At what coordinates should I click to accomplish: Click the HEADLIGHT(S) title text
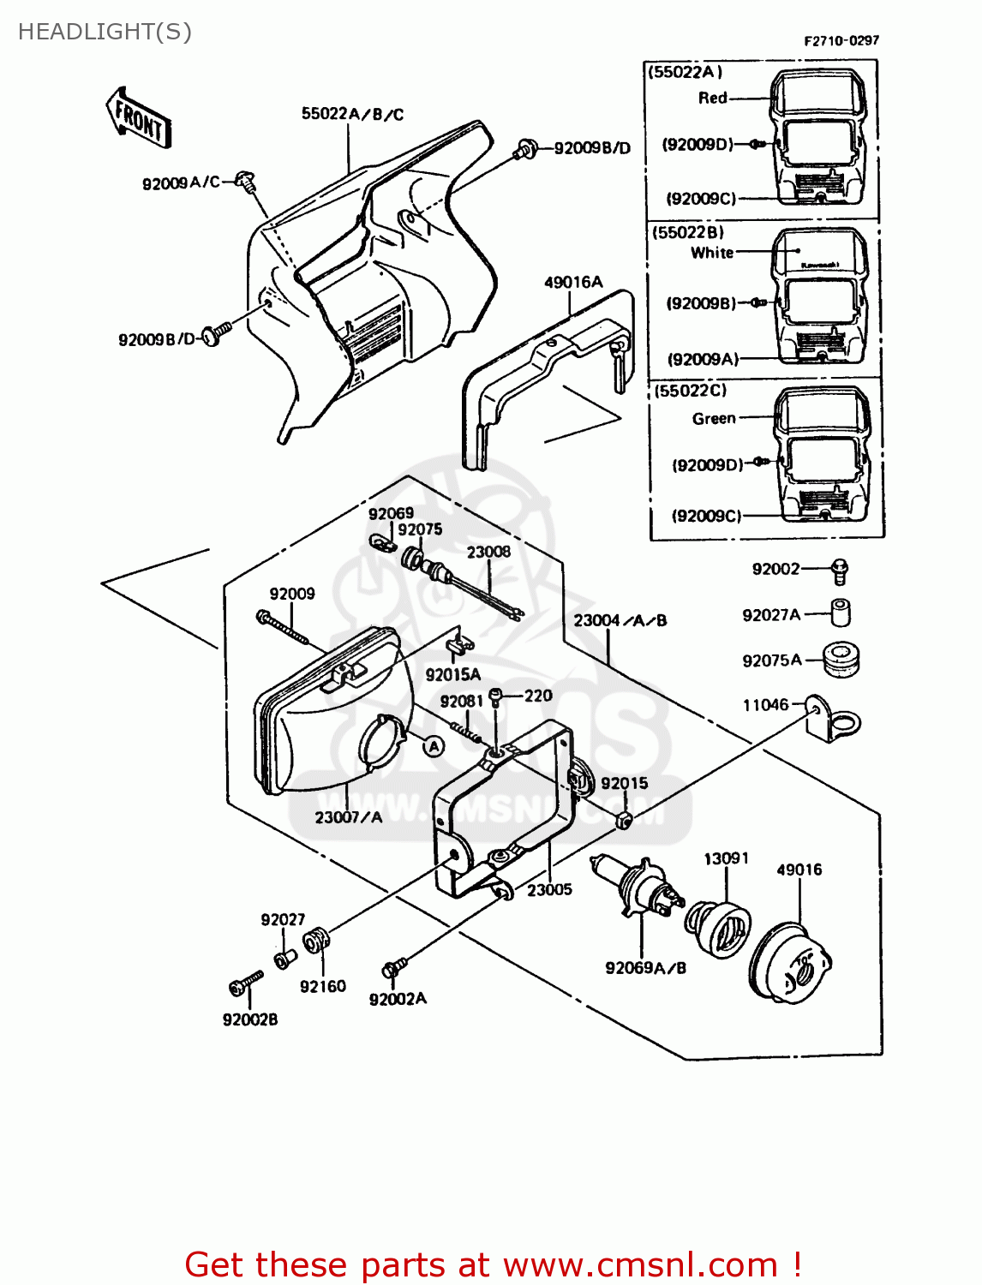105,32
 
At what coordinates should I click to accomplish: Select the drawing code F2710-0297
841,40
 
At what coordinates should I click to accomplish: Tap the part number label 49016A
573,282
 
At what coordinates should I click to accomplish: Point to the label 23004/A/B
620,620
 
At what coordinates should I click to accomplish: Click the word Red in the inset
712,98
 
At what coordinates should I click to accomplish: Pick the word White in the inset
712,253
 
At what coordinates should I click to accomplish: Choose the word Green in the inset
714,418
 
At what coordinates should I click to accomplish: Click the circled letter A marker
434,746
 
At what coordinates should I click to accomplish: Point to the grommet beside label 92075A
841,659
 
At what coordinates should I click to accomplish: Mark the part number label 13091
726,858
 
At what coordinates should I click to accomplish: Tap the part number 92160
323,986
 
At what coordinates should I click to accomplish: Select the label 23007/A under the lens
348,817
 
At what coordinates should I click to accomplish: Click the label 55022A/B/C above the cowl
352,114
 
